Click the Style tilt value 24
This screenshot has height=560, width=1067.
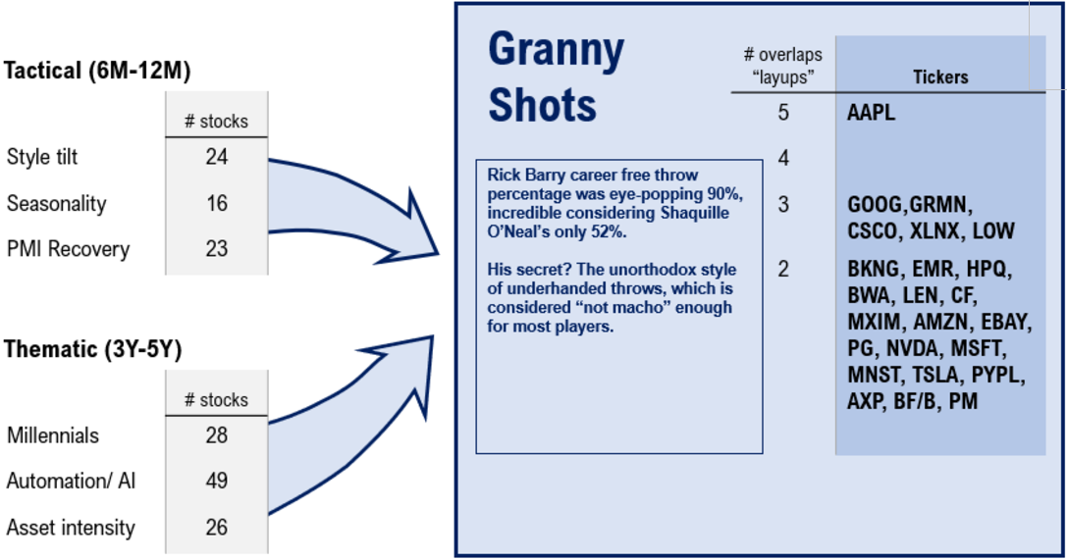click(x=216, y=157)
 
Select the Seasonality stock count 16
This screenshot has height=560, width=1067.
click(x=216, y=203)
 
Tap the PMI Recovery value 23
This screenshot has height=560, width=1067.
click(x=216, y=249)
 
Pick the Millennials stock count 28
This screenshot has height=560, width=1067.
click(x=216, y=434)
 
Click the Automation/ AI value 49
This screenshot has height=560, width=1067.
click(x=216, y=481)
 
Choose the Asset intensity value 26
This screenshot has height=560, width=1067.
click(x=216, y=527)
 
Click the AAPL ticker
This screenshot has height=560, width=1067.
click(x=871, y=113)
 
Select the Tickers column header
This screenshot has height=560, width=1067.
click(x=939, y=76)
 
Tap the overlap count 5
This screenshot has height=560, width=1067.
click(x=783, y=113)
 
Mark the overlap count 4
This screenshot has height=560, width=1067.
click(x=783, y=158)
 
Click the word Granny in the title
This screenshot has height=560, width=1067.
click(x=556, y=51)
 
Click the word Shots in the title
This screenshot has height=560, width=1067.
click(x=542, y=106)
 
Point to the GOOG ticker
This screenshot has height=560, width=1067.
click(x=874, y=205)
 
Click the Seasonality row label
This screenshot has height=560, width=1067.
click(x=56, y=204)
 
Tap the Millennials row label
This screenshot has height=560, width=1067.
click(x=53, y=435)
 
